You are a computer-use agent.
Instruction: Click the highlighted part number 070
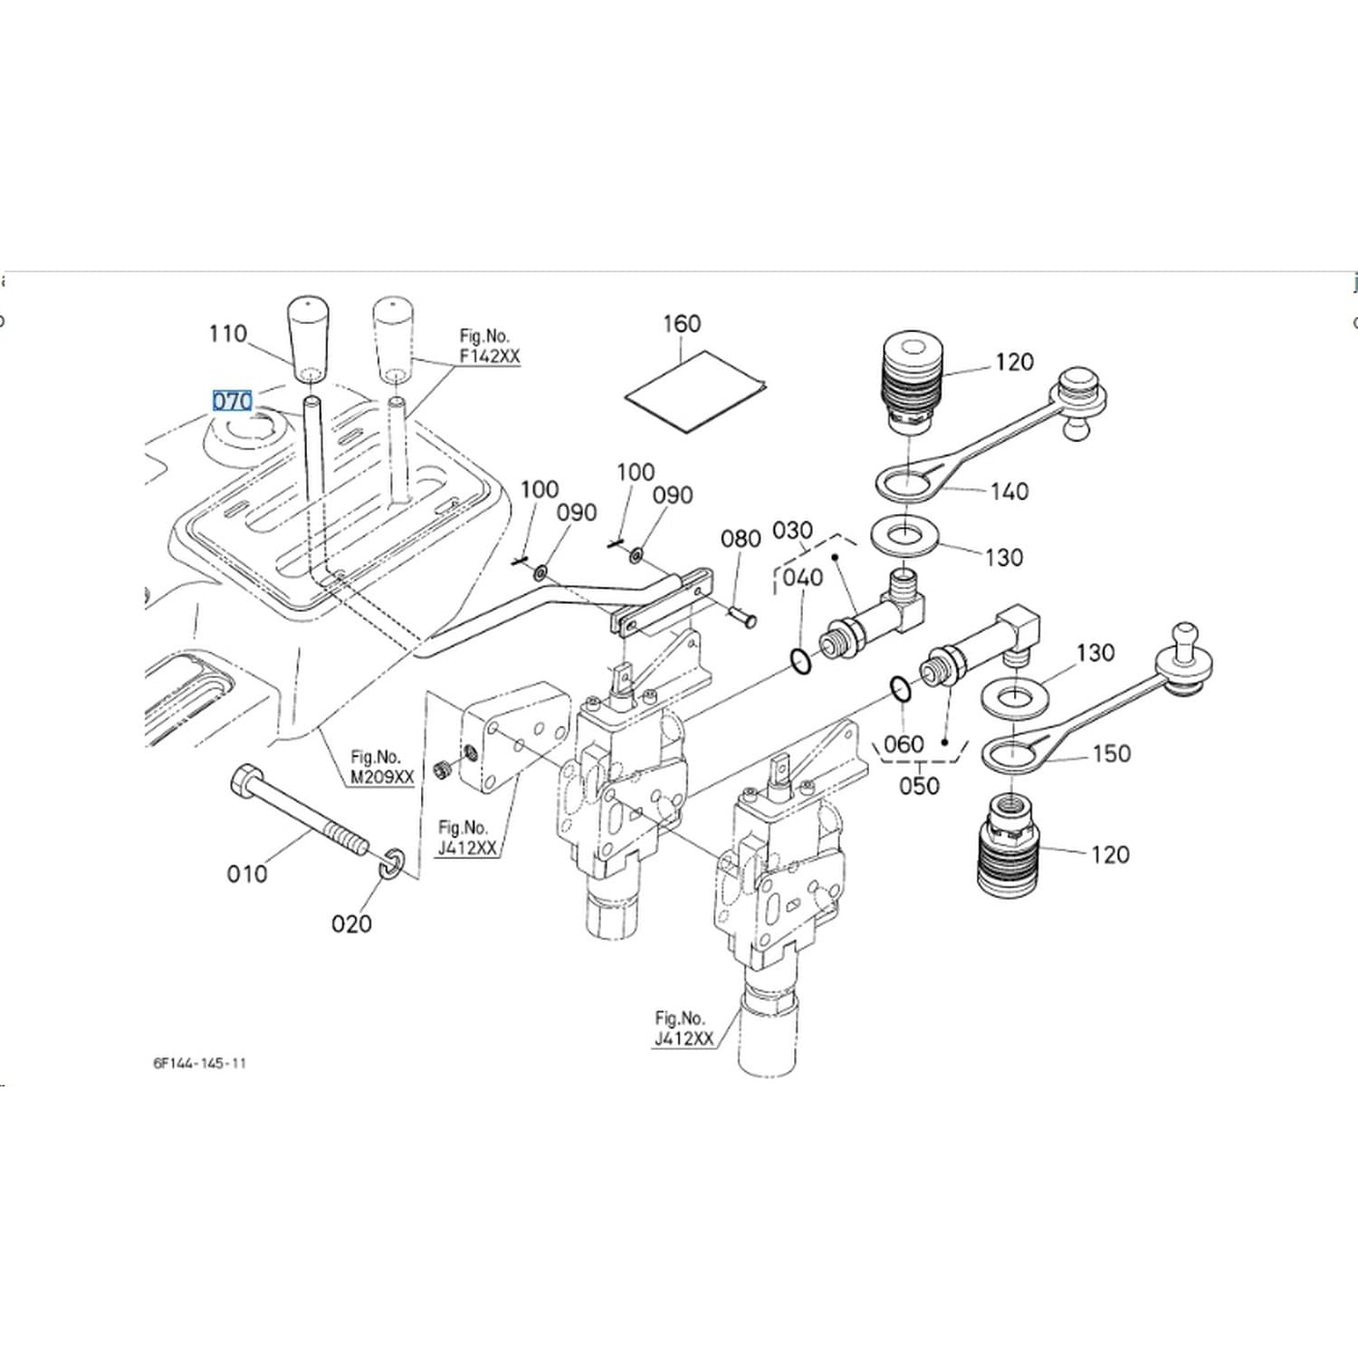[232, 400]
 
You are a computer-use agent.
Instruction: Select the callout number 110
[227, 334]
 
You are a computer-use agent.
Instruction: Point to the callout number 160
[682, 324]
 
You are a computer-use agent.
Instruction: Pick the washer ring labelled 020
[394, 863]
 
